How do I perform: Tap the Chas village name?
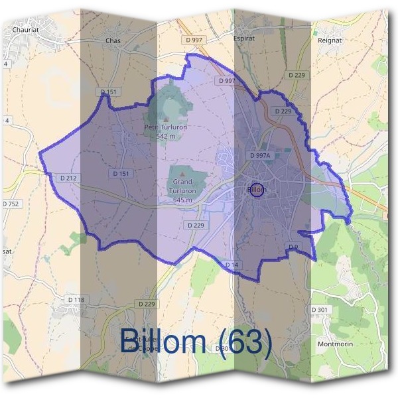[x=113, y=40]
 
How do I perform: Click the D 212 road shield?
[x=68, y=178]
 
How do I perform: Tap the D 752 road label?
[x=11, y=204]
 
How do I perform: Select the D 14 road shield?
[x=232, y=265]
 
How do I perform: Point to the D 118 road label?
[x=77, y=300]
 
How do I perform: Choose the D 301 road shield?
[x=320, y=310]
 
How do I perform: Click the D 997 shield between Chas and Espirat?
[x=195, y=40]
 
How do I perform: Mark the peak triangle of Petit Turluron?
[x=165, y=119]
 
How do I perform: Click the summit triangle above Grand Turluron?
[x=182, y=174]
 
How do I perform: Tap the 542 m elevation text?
[x=165, y=136]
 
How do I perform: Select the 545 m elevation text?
[x=182, y=200]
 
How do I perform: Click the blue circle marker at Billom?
[x=257, y=190]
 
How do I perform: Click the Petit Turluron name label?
[x=165, y=127]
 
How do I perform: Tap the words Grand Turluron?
[x=182, y=186]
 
